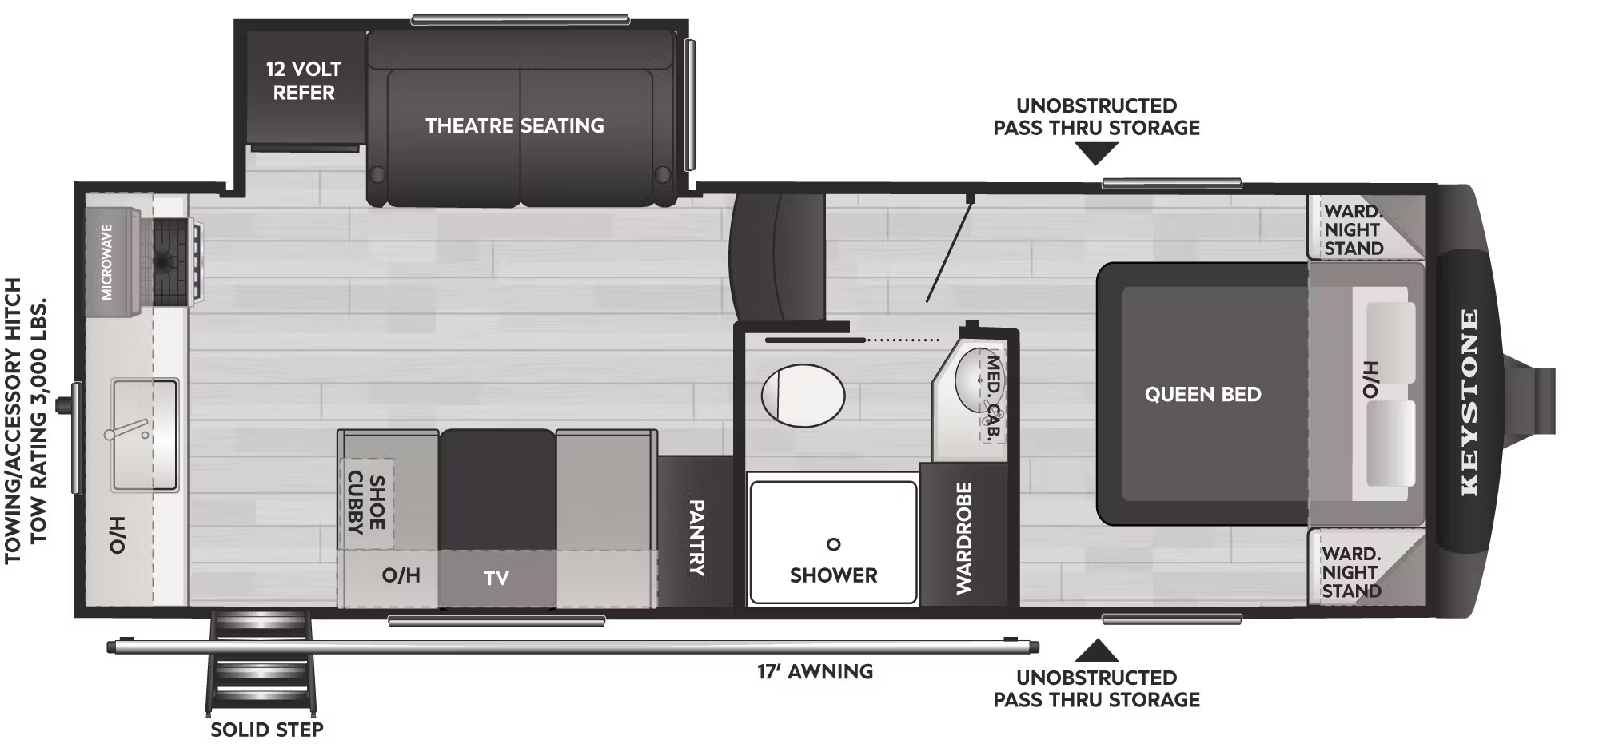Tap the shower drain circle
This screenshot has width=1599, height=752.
834,544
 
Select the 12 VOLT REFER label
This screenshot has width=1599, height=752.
304,81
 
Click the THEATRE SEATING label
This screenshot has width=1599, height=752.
515,125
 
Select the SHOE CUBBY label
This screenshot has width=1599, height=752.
366,503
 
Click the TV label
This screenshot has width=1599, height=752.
496,578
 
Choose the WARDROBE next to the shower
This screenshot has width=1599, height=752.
963,537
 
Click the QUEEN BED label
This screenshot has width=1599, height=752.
1203,394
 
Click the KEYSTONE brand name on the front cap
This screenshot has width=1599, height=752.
1469,402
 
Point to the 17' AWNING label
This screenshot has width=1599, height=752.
815,671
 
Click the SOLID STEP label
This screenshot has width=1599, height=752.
267,730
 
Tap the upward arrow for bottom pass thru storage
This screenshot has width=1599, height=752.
1096,651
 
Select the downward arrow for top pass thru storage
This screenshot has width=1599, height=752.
1096,153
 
